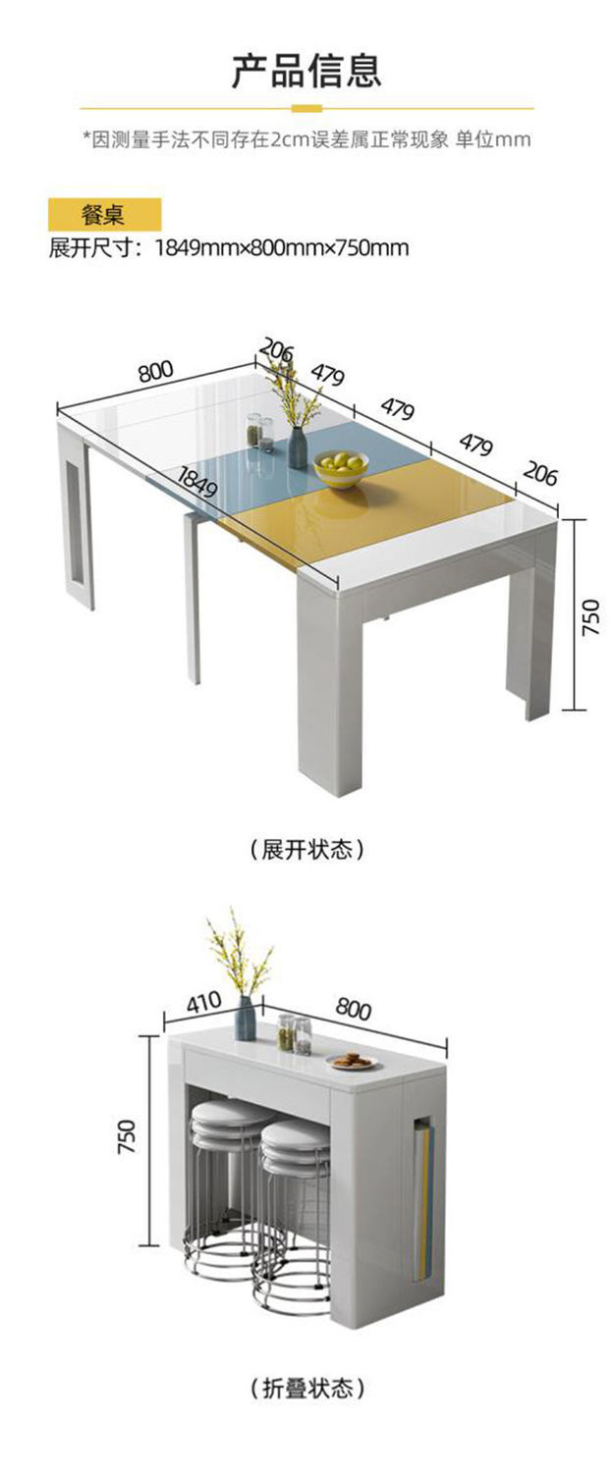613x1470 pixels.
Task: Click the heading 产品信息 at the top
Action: point(306,71)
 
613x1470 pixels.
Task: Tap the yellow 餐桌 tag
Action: point(103,214)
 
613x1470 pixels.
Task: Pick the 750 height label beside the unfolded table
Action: point(591,618)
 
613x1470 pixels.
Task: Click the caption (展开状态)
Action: point(306,848)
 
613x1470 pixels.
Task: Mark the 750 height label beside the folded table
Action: point(129,1135)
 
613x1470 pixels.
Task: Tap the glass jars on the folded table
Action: point(294,1033)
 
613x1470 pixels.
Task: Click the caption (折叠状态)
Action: point(306,1389)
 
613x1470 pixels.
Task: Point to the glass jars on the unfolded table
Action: point(259,432)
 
